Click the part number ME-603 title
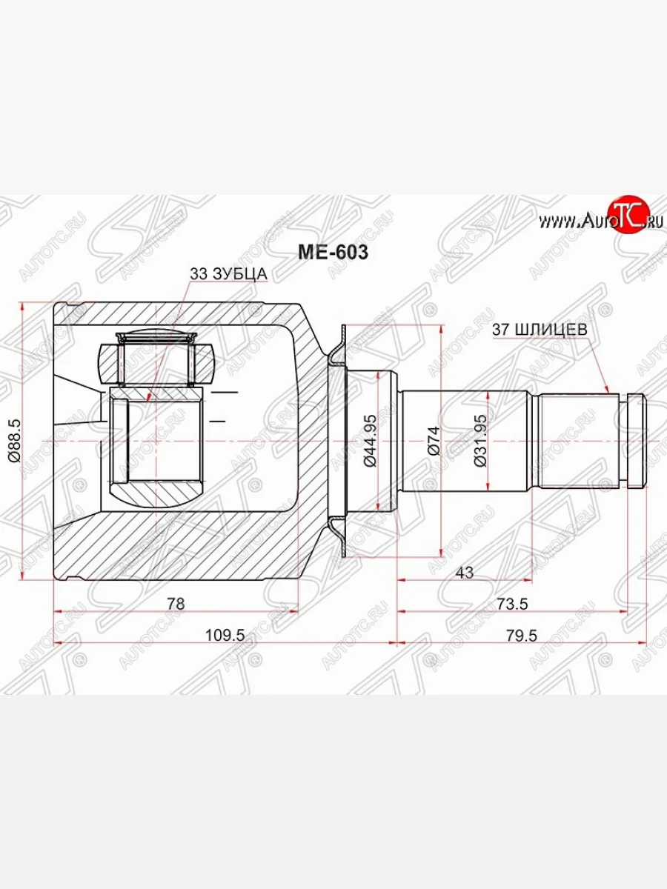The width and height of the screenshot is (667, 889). coord(333,253)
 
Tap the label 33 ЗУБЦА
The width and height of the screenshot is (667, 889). coord(228,274)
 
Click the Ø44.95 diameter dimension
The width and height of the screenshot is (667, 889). coord(371,440)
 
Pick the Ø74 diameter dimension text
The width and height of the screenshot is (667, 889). coord(434,440)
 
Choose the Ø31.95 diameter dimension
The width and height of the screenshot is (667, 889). coord(479,440)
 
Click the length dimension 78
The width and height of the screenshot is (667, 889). coord(175,603)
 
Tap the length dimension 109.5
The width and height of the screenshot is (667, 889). coord(224,634)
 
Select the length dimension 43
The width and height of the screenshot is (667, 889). coord(465,572)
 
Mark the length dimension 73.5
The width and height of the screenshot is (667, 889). coord(511,603)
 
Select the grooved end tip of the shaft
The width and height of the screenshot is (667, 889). coord(637,441)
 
